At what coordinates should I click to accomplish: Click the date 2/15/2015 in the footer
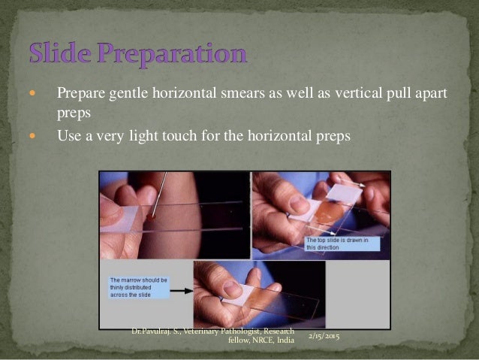(324, 336)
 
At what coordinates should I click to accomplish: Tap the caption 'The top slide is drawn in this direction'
(342, 244)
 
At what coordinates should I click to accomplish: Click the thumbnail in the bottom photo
(233, 289)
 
